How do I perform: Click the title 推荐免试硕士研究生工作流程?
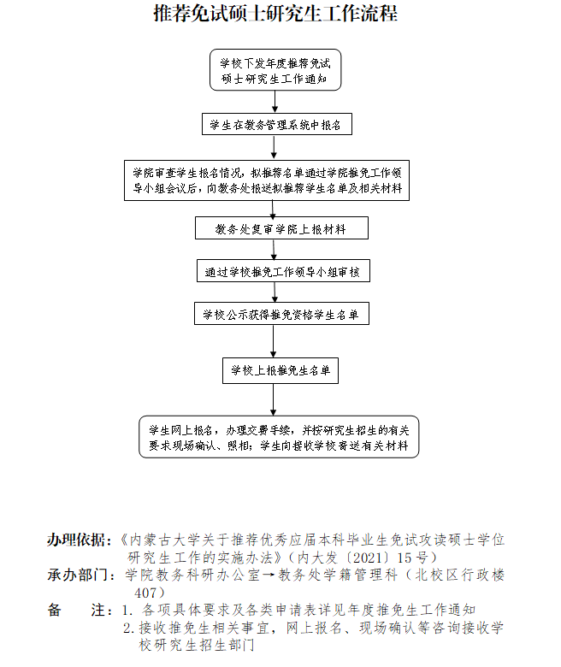tap(275, 14)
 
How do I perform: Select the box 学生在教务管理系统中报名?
tap(277, 124)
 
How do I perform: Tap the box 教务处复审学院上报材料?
tap(281, 228)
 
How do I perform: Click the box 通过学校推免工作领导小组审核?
tap(283, 270)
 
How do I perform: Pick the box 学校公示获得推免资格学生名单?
tap(281, 314)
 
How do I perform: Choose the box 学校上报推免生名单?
tap(280, 370)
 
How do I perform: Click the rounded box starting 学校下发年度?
tap(275, 70)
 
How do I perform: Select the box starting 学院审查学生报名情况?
tap(267, 180)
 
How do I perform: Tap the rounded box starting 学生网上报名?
tap(279, 437)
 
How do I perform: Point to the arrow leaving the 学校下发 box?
tap(275, 102)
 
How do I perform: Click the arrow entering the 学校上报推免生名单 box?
tap(273, 341)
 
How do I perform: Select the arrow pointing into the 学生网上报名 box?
tap(273, 400)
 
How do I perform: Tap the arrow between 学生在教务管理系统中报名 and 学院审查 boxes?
tap(274, 148)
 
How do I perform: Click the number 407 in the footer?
tap(145, 593)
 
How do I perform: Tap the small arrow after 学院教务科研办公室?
tap(269, 576)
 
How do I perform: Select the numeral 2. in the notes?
tap(129, 628)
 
